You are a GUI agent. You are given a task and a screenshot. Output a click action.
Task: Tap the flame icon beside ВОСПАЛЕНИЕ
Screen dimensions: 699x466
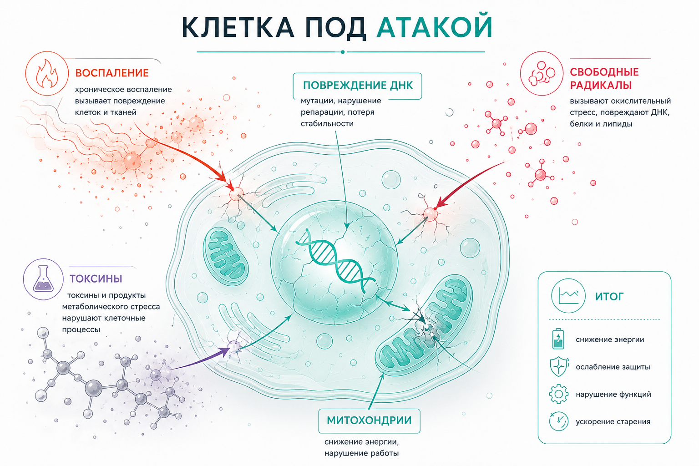pyautogui.click(x=47, y=74)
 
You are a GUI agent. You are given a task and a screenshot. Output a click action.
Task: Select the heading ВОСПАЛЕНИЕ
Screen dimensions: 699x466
pyautogui.click(x=112, y=73)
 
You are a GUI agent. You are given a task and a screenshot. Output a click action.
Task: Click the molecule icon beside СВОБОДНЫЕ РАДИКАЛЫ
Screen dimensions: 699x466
pyautogui.click(x=542, y=74)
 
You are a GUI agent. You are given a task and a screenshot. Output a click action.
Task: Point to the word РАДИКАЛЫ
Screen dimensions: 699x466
pyautogui.click(x=601, y=85)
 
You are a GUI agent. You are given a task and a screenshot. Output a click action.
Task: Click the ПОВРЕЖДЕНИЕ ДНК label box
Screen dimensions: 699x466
pyautogui.click(x=357, y=86)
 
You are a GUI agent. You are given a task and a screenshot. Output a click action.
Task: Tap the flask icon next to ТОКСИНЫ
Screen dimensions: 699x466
pyautogui.click(x=43, y=279)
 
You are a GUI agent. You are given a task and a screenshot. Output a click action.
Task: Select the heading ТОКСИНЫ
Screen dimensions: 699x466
pyautogui.click(x=96, y=279)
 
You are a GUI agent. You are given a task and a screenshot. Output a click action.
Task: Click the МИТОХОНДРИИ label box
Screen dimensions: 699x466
pyautogui.click(x=369, y=420)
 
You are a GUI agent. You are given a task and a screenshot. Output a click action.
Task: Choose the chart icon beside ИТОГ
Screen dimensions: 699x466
pyautogui.click(x=568, y=296)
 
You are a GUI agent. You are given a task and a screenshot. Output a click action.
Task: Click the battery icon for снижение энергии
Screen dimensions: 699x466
pyautogui.click(x=558, y=339)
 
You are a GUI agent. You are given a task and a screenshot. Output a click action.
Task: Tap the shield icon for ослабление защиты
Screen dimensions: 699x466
pyautogui.click(x=558, y=366)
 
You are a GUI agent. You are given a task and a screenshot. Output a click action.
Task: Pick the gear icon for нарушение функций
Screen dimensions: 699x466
pyautogui.click(x=558, y=394)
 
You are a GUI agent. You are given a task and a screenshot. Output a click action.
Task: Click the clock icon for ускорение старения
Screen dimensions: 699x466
pyautogui.click(x=558, y=421)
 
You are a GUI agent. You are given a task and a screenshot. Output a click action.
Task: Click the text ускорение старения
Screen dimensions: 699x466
pyautogui.click(x=613, y=422)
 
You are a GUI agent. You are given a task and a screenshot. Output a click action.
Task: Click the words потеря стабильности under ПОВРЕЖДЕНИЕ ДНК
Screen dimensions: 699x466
pyautogui.click(x=337, y=118)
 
